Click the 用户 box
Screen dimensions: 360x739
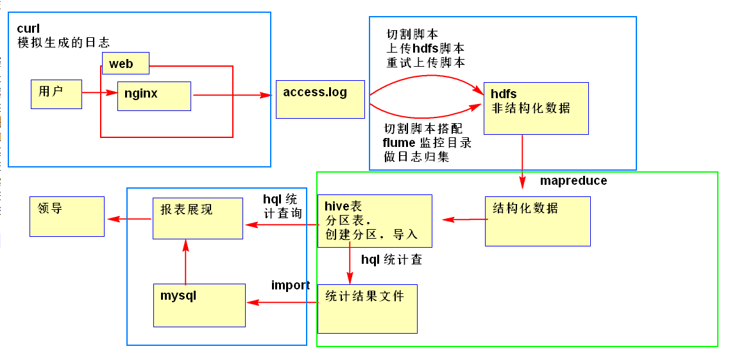click(x=56, y=94)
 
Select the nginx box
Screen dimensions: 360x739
click(x=154, y=96)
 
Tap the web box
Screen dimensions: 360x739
click(x=126, y=63)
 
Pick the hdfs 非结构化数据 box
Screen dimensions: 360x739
click(x=536, y=108)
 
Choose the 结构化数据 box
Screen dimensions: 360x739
click(x=537, y=221)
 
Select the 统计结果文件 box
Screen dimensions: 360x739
click(x=367, y=309)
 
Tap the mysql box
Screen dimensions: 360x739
click(x=200, y=305)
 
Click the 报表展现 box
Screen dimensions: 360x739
click(x=198, y=218)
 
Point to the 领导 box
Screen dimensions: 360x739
click(x=67, y=216)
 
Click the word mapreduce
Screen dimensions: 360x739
click(x=573, y=181)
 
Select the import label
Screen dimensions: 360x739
click(x=290, y=286)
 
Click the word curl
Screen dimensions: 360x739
click(x=28, y=29)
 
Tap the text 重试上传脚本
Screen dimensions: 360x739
click(x=425, y=63)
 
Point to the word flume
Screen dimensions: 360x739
click(x=399, y=142)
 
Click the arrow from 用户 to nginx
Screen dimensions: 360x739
click(x=99, y=93)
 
